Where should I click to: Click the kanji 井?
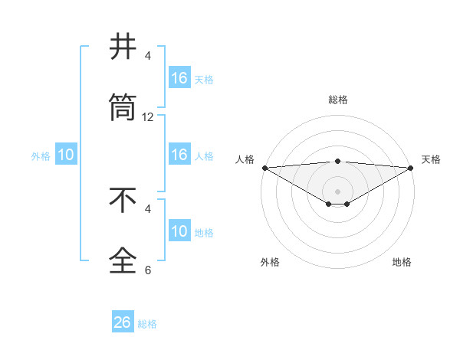point(123,47)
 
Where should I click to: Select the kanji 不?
point(123,201)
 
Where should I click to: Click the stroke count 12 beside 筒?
point(148,117)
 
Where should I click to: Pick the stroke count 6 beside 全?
point(148,270)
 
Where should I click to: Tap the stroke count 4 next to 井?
point(148,56)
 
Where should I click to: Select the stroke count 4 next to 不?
point(148,208)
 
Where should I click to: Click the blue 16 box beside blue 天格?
point(179,78)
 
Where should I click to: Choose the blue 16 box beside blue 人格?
point(179,155)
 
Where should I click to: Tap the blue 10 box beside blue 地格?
point(179,231)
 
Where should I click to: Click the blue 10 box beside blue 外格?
point(66,155)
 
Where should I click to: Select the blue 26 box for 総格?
point(123,322)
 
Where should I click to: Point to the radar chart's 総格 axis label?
point(338,100)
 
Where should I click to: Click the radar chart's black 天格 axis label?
point(431,159)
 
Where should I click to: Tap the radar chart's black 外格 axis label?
point(270,263)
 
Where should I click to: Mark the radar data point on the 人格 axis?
point(264,168)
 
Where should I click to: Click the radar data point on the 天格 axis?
point(411,168)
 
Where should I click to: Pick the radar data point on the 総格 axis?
point(338,161)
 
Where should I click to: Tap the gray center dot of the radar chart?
point(338,191)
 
